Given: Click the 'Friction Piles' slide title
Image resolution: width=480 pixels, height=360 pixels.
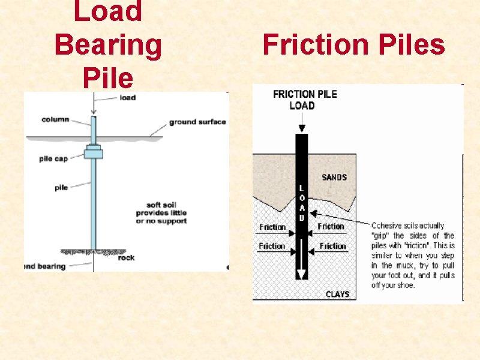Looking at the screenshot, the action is coord(353,45).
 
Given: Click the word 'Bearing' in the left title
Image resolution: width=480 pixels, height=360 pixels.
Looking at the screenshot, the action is coord(108,45).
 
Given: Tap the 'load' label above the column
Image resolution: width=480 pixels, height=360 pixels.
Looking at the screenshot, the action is coord(127,97).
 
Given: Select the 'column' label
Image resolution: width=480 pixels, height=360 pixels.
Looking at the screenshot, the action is coord(55,119).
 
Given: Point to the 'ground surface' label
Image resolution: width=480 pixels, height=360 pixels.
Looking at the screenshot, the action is coord(197,122).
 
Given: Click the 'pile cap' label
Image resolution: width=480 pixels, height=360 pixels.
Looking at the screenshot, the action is coord(53,160).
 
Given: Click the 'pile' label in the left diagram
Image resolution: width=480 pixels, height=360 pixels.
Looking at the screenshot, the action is coord(61,187).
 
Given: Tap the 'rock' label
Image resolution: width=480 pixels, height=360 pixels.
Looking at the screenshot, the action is coord(126,257).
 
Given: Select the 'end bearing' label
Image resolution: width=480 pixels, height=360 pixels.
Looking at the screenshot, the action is coord(46,266).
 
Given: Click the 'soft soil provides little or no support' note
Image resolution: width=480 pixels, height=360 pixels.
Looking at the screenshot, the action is coord(161,212).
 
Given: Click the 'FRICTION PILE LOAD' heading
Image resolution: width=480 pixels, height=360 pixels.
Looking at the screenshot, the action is coord(304,100).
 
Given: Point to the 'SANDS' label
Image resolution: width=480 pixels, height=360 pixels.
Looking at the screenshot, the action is coord(334,178).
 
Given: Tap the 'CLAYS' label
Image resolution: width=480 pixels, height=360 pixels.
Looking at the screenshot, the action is coord(337,294).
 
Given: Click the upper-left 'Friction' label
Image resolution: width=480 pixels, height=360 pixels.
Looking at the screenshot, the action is coord(272,227).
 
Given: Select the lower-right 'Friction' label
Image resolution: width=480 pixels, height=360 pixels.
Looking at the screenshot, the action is coord(333,246).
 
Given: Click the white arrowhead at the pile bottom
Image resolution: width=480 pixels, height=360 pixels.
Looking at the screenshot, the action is coord(302,273).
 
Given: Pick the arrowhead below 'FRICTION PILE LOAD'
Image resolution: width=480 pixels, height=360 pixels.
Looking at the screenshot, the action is coord(302,127).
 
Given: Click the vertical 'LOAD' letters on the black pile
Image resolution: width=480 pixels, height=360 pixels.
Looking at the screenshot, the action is coord(302,203).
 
